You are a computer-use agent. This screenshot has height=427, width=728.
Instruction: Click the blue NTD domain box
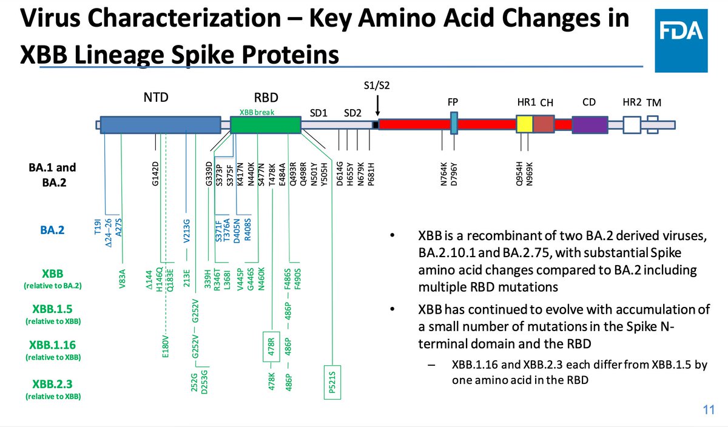click(x=160, y=124)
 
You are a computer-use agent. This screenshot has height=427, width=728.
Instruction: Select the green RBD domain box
click(x=266, y=124)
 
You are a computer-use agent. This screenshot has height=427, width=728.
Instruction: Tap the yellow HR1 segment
click(x=524, y=124)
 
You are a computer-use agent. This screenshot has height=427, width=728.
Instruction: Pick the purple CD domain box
click(x=590, y=124)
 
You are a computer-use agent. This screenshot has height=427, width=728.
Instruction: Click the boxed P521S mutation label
click(x=333, y=382)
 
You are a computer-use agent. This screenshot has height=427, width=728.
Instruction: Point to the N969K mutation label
click(x=530, y=175)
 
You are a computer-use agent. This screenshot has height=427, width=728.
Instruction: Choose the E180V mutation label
click(x=165, y=346)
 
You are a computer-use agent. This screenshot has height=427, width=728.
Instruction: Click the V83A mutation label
click(x=122, y=280)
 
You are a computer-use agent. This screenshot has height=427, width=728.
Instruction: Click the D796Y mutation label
click(x=453, y=175)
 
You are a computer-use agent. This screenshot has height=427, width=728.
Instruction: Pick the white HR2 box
click(x=632, y=124)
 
